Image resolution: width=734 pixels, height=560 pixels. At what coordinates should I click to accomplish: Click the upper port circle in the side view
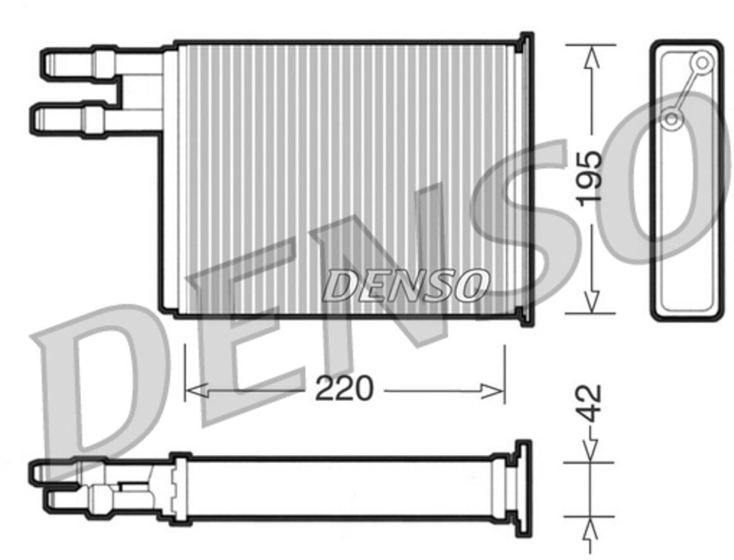702,62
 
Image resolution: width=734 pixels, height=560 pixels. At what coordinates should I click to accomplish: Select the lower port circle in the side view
671,119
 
